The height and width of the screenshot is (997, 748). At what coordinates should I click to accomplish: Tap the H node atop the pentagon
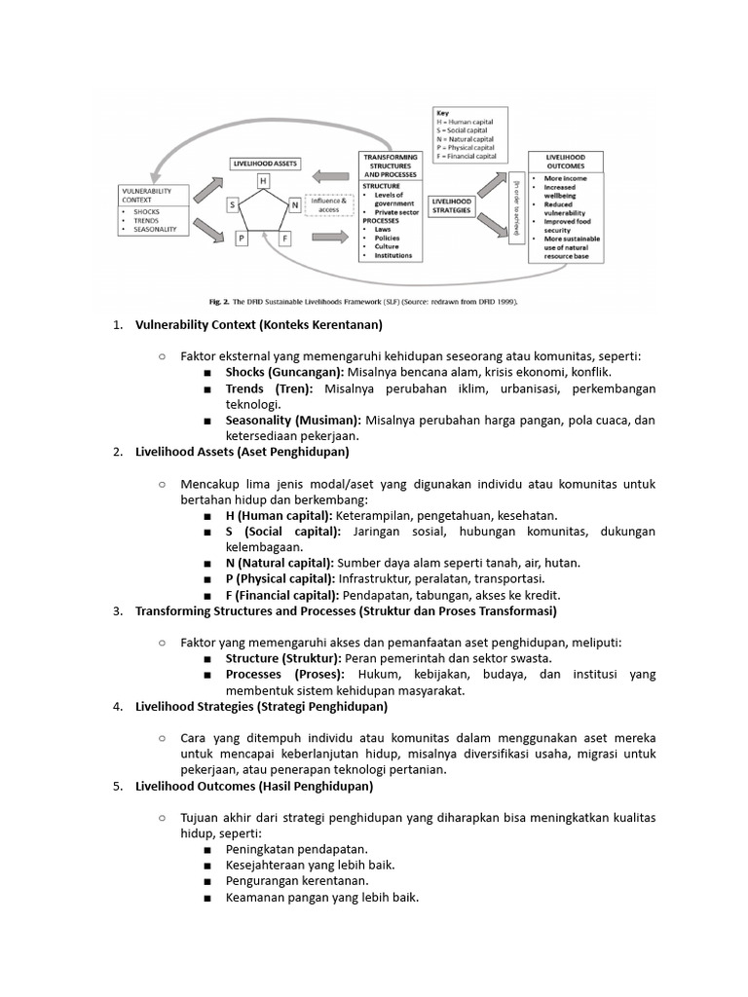[x=262, y=181]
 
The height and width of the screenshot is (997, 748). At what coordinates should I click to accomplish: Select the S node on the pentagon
[x=233, y=204]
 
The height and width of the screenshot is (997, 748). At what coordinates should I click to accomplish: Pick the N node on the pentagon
[x=293, y=204]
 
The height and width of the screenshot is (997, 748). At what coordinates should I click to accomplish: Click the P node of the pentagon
[x=242, y=237]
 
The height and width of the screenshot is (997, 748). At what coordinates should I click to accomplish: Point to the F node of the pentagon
[x=284, y=237]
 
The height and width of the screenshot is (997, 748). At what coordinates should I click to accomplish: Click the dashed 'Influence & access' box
[x=327, y=205]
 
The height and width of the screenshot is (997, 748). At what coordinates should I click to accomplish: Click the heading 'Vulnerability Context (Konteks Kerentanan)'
[x=259, y=325]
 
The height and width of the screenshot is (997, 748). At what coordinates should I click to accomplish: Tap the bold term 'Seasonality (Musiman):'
[x=293, y=421]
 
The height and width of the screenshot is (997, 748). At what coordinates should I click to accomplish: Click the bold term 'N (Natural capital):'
[x=280, y=563]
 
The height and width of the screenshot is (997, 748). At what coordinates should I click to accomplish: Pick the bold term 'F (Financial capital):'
[x=281, y=595]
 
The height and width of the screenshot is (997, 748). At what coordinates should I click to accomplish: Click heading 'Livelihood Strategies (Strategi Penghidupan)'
[x=261, y=706]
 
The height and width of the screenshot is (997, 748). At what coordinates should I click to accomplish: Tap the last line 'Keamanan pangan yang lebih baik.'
[x=321, y=897]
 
